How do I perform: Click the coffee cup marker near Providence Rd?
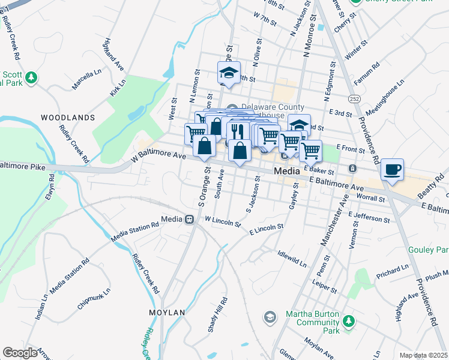pyautogui.click(x=392, y=170)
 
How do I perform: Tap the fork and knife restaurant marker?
pyautogui.click(x=239, y=130)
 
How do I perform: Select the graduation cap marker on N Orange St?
pyautogui.click(x=228, y=73)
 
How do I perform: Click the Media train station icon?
pyautogui.click(x=189, y=219)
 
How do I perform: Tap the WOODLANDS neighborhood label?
pyautogui.click(x=67, y=117)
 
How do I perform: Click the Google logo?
pyautogui.click(x=20, y=352)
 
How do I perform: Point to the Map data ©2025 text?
pyautogui.click(x=423, y=355)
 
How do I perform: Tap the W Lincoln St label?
pyautogui.click(x=222, y=222)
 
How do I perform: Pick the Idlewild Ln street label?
pyautogui.click(x=292, y=260)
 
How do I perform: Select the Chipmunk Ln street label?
pyautogui.click(x=94, y=298)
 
